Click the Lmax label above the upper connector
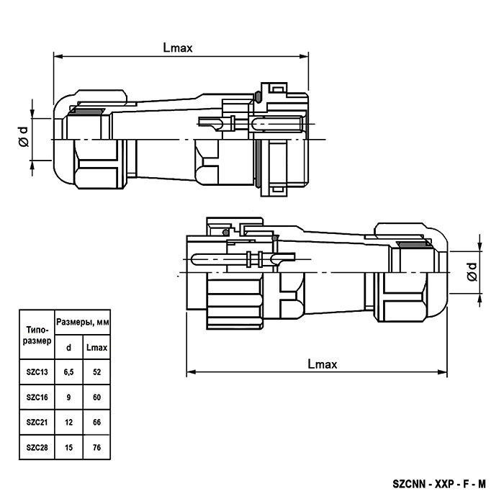pyautogui.click(x=178, y=49)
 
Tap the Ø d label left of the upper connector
pyautogui.click(x=23, y=135)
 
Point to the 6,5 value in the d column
pyautogui.click(x=68, y=372)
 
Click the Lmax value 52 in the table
pyautogui.click(x=96, y=372)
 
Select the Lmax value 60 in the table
pyautogui.click(x=96, y=397)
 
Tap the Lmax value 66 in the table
pyautogui.click(x=96, y=422)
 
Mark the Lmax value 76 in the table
pyautogui.click(x=96, y=447)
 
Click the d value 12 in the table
pyautogui.click(x=68, y=422)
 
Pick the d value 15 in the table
pyautogui.click(x=68, y=447)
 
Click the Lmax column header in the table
pyautogui.click(x=96, y=347)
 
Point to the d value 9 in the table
pyautogui.click(x=68, y=397)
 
